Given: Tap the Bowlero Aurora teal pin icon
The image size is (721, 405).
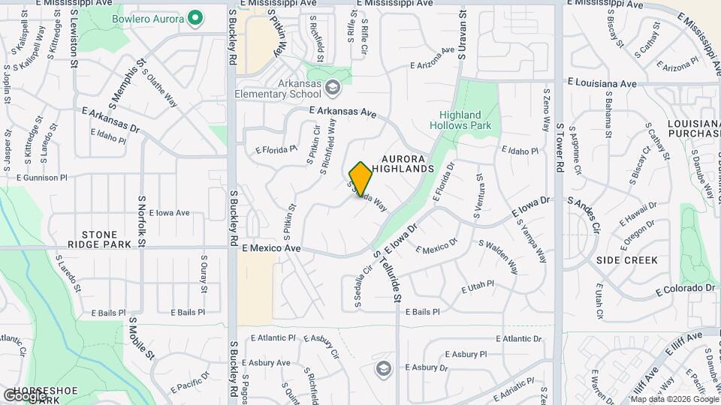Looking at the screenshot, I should (x=195, y=17).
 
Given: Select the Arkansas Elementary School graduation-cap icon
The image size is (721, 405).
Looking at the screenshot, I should (x=332, y=88).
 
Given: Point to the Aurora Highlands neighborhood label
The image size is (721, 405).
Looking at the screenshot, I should (x=407, y=163).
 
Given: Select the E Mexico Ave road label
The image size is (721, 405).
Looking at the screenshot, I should (x=271, y=247).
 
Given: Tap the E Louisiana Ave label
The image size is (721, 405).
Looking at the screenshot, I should (x=602, y=82).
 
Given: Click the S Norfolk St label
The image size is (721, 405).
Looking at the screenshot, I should (x=140, y=221).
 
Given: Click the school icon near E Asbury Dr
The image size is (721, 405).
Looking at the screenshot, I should (x=384, y=368).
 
